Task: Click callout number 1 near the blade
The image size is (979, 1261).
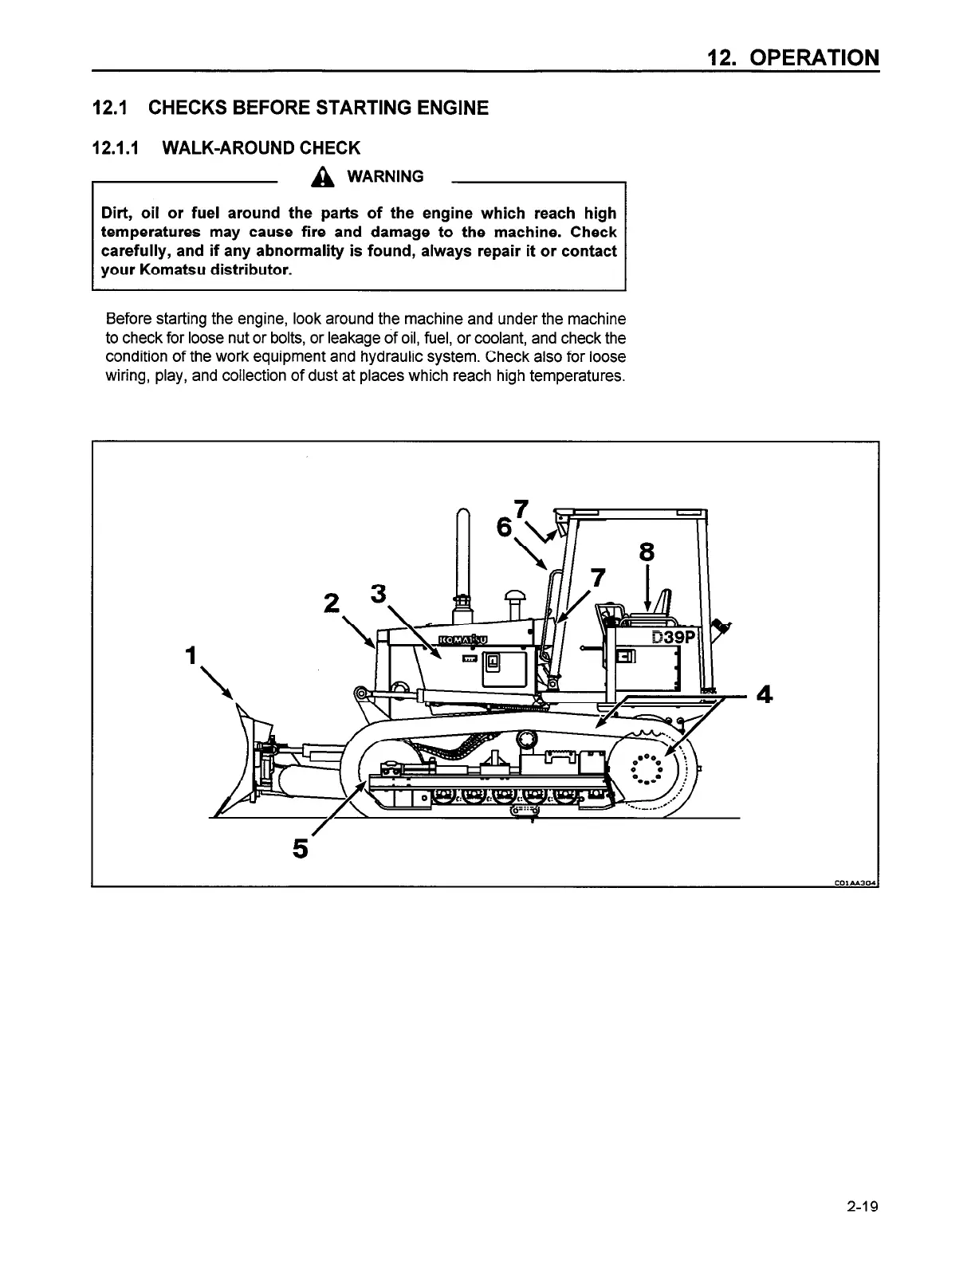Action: (190, 655)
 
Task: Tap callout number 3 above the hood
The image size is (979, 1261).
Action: (379, 594)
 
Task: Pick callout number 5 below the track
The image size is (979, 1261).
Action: (301, 850)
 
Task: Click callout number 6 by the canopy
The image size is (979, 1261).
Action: (504, 528)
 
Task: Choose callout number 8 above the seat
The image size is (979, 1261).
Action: (647, 552)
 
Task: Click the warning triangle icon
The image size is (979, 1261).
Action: (322, 178)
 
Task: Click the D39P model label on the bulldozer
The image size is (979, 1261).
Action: (674, 637)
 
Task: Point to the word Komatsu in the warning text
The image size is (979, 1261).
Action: (173, 271)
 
